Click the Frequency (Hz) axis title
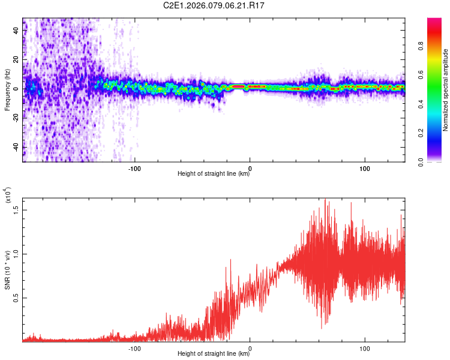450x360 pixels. [7, 90]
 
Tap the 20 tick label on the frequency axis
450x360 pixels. [17, 59]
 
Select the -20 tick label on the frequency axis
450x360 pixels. [16, 118]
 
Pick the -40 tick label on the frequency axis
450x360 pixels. [16, 148]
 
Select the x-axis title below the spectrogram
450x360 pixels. [214, 175]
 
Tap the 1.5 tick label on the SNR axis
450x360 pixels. [17, 209]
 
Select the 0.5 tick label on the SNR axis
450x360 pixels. [17, 298]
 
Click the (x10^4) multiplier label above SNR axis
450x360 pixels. [7, 197]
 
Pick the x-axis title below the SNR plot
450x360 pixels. [214, 354]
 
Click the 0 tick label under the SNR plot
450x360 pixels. [250, 347]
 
